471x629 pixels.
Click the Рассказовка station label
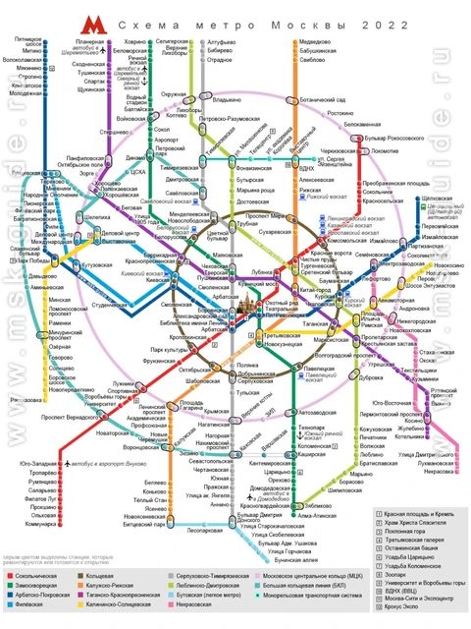(x=26, y=401)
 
